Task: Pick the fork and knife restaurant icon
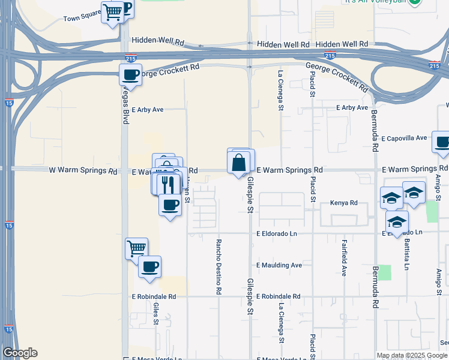[x=168, y=184]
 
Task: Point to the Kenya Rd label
[x=344, y=203]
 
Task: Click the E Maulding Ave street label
[x=279, y=265]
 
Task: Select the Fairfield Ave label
[x=344, y=258]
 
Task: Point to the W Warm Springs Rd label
[x=83, y=170]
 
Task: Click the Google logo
[x=20, y=353]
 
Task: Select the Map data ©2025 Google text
[x=412, y=355]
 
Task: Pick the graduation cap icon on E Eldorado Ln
[x=396, y=223]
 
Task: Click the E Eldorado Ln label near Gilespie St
[x=277, y=233]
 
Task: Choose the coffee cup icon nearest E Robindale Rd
[x=149, y=266]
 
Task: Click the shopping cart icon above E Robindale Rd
[x=136, y=248]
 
